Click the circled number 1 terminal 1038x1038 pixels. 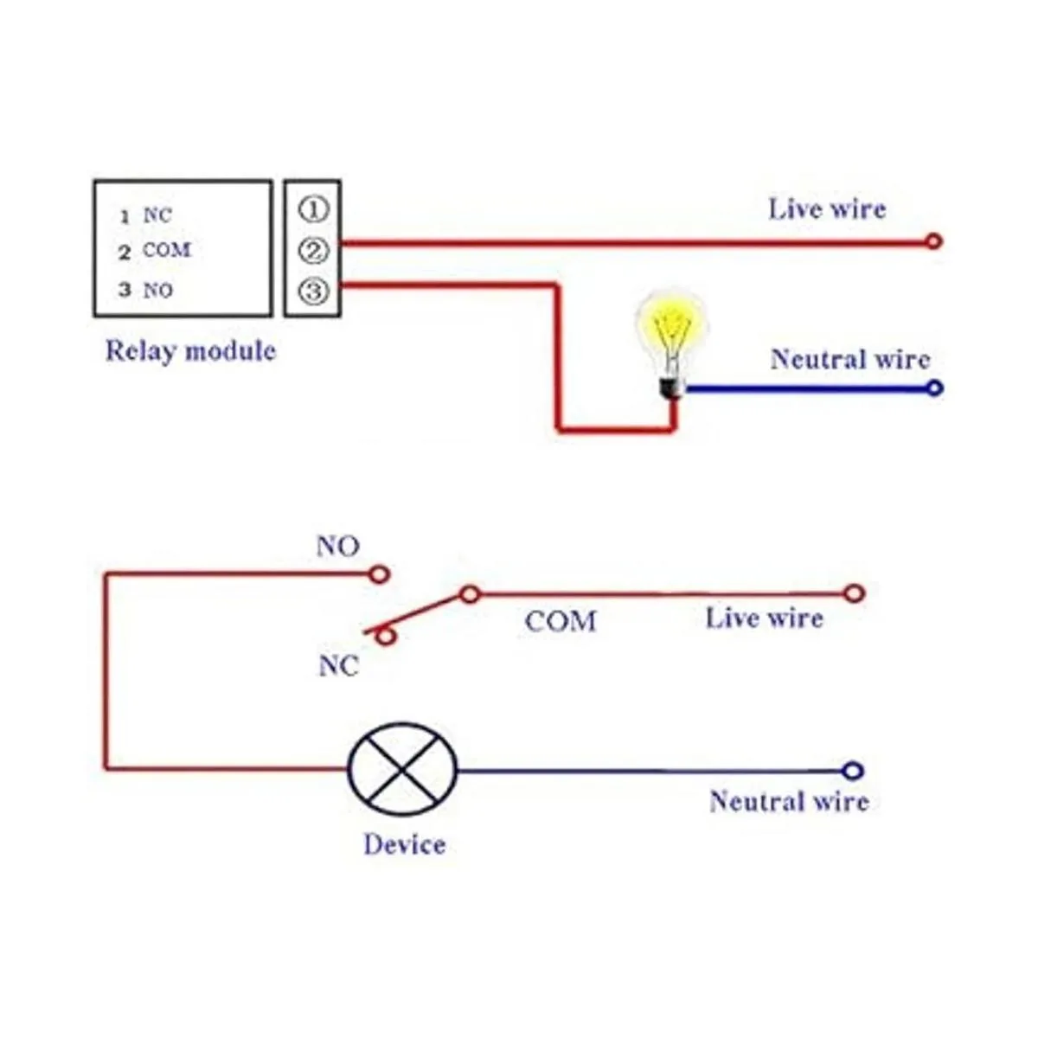point(313,209)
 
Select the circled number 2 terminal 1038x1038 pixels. point(313,251)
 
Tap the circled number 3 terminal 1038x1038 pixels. point(313,291)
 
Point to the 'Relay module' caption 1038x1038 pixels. point(190,351)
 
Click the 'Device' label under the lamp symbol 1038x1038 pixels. point(404,844)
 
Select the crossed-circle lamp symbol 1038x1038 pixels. point(402,770)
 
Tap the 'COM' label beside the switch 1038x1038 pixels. point(561,621)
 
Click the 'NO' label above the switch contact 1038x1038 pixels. point(337,547)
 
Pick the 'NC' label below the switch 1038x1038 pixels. point(338,667)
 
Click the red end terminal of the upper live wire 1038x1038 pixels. point(932,241)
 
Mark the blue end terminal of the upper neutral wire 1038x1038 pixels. point(933,388)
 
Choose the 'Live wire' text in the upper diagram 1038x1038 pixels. point(827,209)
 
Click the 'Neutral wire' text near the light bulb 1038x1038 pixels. point(849,360)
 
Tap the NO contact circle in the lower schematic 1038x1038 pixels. point(379,573)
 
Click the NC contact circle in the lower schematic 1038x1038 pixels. point(387,638)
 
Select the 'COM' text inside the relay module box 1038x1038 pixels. point(166,251)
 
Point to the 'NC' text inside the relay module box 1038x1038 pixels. point(157,215)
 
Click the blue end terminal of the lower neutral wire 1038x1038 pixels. point(853,771)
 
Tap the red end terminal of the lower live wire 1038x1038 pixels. point(854,593)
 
